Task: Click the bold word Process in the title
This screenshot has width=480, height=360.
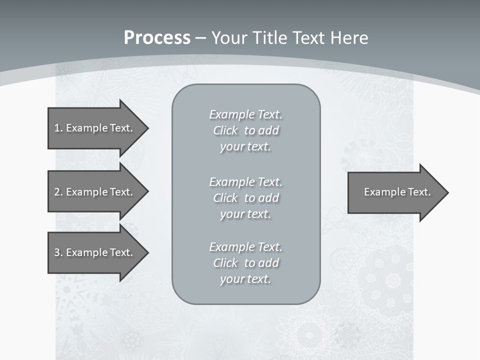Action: (157, 38)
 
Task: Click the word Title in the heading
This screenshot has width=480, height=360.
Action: (269, 38)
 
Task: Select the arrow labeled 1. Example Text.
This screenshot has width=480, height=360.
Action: (93, 128)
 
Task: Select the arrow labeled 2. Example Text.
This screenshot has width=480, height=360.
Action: (93, 192)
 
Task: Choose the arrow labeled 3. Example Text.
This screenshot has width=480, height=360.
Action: (93, 252)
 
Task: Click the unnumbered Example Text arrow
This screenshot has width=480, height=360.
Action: (397, 192)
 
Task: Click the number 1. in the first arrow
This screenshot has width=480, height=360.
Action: (58, 128)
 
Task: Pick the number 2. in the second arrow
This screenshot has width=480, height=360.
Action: (58, 192)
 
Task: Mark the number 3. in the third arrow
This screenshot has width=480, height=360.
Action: (58, 252)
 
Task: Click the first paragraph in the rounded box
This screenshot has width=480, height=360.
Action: (246, 130)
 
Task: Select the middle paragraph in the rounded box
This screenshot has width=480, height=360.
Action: (246, 198)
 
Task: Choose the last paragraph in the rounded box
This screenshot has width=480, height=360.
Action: (246, 263)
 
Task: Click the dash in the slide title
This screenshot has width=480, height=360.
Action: (200, 38)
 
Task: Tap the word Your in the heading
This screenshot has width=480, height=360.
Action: (229, 38)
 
